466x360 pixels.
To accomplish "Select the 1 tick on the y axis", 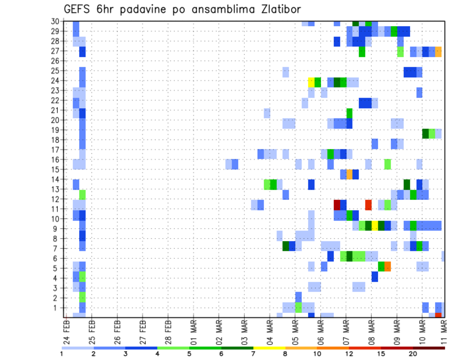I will tap(57, 308).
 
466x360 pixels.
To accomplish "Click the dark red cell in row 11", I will tap(337, 204).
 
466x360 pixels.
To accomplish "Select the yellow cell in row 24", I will tap(311, 81).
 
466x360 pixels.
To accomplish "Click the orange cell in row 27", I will tap(438, 51).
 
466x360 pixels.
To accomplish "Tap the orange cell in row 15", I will tap(349, 174).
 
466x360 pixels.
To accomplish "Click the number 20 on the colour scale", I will tap(413, 354).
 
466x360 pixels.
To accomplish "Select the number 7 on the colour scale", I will tap(253, 354).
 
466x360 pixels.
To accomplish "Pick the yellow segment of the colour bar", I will tap(269, 348).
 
